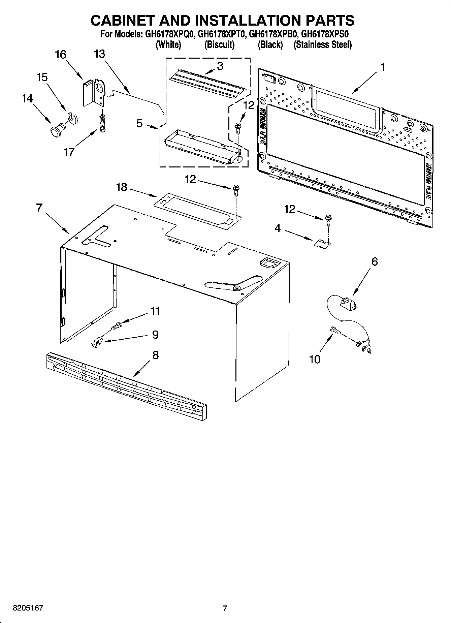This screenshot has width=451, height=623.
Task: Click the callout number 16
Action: [x=61, y=55]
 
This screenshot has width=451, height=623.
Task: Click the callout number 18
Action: [x=122, y=187]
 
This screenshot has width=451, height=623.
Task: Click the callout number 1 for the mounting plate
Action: [x=383, y=67]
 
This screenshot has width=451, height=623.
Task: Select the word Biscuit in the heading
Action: [x=219, y=45]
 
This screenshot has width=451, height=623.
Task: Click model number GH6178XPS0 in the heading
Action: [x=325, y=34]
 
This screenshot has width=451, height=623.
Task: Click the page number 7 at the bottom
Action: [x=225, y=608]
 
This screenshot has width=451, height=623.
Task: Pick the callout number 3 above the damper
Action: [x=220, y=66]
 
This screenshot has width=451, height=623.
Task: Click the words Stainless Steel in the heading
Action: [x=322, y=45]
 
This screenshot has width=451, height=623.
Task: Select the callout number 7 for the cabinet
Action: [x=39, y=208]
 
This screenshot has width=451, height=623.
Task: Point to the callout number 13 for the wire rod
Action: [x=100, y=54]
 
